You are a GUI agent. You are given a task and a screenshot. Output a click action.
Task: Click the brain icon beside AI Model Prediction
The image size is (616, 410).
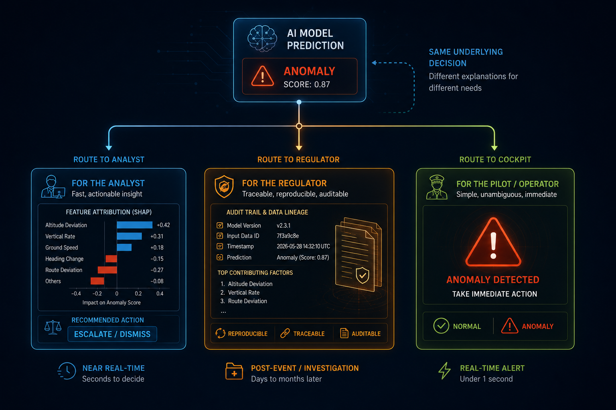coord(262,38)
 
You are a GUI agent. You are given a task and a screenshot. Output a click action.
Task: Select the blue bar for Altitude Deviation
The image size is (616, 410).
coord(134,225)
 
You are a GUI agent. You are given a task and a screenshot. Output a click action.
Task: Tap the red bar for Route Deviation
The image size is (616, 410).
coord(107,270)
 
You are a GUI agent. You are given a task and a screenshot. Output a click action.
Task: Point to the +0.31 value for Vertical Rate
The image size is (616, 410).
coord(157,237)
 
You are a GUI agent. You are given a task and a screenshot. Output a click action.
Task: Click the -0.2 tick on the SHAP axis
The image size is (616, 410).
coord(97,293)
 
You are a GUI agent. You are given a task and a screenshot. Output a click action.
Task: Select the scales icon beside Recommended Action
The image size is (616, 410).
coord(53,327)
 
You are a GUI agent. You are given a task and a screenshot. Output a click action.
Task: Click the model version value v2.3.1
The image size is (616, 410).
coord(284,225)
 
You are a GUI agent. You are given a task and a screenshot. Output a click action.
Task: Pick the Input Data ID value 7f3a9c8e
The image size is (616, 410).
coord(288,236)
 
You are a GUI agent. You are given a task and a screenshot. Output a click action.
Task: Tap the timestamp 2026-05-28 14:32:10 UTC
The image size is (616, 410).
coord(303,246)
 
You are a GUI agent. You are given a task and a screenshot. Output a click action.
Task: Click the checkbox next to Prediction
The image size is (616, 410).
coord(220,257)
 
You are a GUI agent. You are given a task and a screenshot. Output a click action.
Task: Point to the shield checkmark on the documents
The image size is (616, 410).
coord(363,275)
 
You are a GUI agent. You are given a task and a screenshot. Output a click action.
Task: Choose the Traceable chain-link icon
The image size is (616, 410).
coord(285,334)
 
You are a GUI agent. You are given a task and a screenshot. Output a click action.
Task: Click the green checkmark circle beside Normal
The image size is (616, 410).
coord(441,326)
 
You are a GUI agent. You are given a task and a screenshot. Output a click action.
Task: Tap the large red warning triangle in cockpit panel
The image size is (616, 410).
coord(493,243)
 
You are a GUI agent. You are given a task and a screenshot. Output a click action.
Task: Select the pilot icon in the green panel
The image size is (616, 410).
coord(437,187)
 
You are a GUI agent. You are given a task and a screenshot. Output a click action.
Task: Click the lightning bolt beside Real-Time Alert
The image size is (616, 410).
coord(444,371)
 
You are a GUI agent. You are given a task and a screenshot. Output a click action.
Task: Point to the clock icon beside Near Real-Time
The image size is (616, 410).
coord(67,371)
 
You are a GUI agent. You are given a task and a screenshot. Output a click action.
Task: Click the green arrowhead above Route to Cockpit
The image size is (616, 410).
coord(494,148)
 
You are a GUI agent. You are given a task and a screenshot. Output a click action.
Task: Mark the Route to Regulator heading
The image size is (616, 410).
coord(298,159)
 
